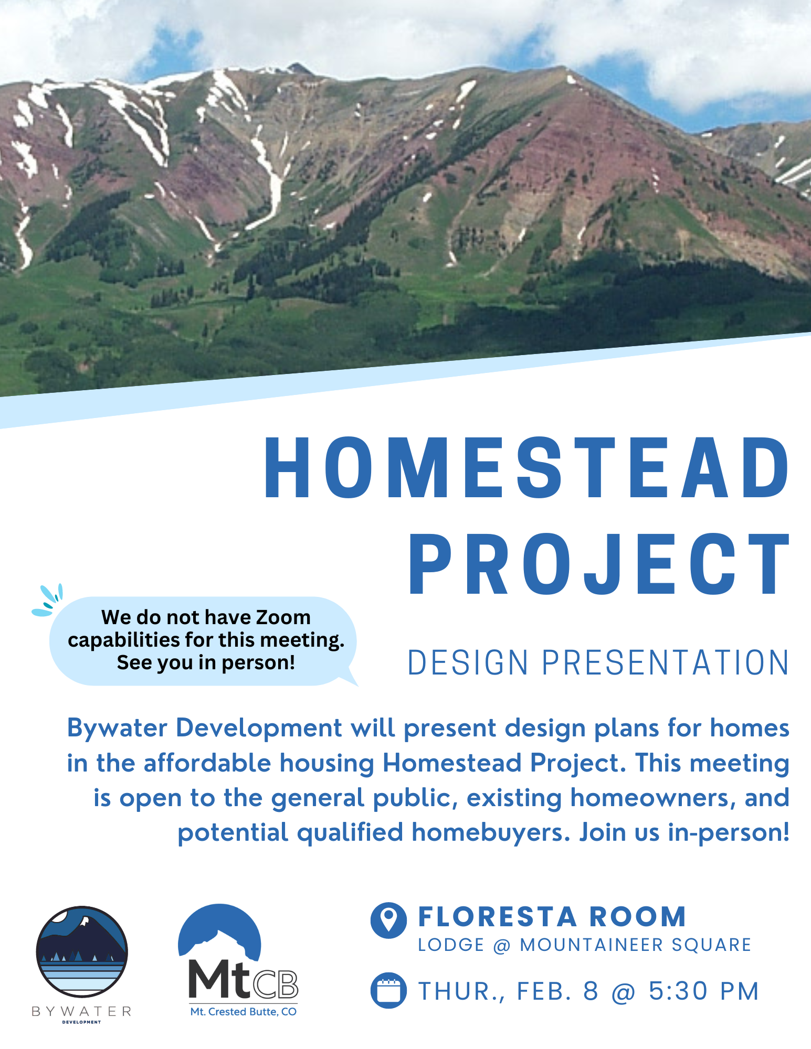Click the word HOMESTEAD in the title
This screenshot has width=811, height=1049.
[526, 467]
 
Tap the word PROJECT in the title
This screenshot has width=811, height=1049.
[599, 564]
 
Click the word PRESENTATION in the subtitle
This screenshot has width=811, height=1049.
[665, 662]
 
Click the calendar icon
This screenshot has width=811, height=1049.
[388, 990]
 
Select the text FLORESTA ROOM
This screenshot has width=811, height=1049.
[552, 917]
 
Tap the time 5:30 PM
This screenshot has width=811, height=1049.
[704, 991]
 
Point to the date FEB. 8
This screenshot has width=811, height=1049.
[557, 991]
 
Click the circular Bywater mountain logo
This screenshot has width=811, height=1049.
[82, 951]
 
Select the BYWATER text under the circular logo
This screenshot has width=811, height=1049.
[82, 1011]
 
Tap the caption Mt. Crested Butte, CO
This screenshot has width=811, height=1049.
[243, 1012]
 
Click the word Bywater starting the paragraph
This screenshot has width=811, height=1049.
[117, 729]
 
